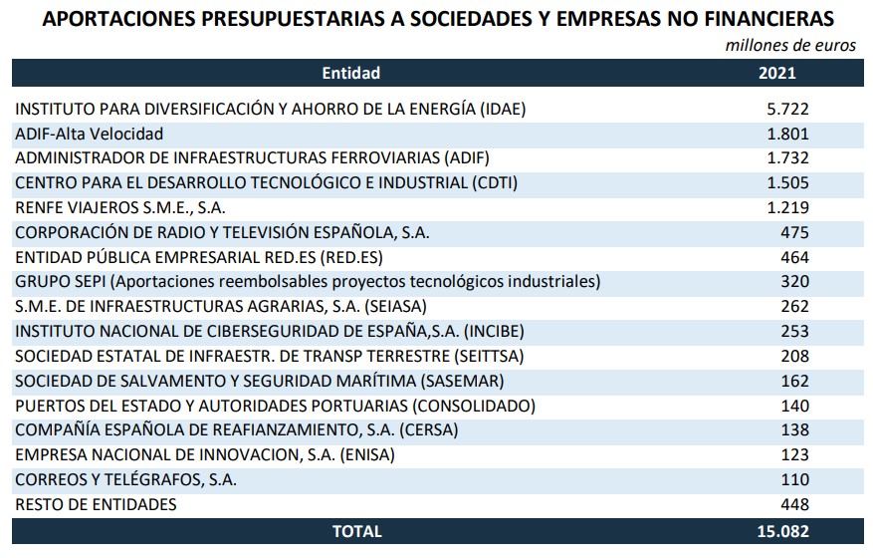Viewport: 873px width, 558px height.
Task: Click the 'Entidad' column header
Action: pyautogui.click(x=350, y=73)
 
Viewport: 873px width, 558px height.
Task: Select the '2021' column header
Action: pyautogui.click(x=776, y=73)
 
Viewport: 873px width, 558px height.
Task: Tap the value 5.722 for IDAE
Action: pyautogui.click(x=787, y=109)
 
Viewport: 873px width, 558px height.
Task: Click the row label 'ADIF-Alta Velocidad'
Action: pyautogui.click(x=90, y=133)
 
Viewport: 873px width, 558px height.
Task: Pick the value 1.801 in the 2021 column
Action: pyautogui.click(x=787, y=133)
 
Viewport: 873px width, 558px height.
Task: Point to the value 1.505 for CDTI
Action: pyautogui.click(x=787, y=182)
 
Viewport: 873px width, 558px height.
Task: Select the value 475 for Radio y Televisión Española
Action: pyautogui.click(x=794, y=232)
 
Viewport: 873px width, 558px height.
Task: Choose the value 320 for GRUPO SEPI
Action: pyautogui.click(x=794, y=281)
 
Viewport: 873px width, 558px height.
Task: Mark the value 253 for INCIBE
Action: pyautogui.click(x=794, y=331)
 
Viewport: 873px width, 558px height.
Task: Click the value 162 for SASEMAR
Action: pyautogui.click(x=794, y=381)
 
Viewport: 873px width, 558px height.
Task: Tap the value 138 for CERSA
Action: pyautogui.click(x=794, y=430)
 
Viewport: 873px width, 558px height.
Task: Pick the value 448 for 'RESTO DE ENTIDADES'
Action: pyautogui.click(x=794, y=504)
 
